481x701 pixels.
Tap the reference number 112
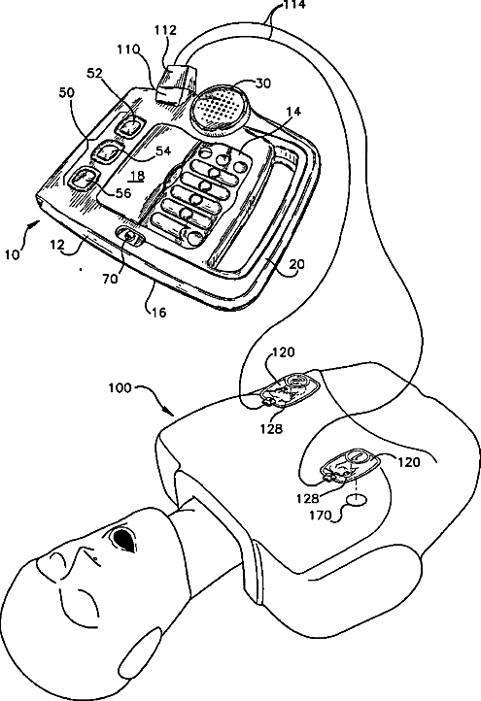tap(165, 30)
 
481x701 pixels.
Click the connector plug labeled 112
tap(176, 84)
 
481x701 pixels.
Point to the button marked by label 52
tap(130, 126)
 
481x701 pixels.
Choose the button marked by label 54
tap(108, 152)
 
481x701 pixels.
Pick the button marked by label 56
tap(86, 179)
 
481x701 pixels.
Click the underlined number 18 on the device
tap(137, 176)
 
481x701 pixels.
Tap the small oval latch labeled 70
tap(130, 235)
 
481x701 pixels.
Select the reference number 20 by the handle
tap(296, 264)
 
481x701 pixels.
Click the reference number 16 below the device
tap(157, 312)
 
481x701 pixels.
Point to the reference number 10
tap(12, 254)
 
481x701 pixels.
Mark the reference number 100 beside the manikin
tap(120, 387)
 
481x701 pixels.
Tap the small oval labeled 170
tap(358, 500)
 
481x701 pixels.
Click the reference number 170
tap(322, 516)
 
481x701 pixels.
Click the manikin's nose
tap(85, 554)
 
